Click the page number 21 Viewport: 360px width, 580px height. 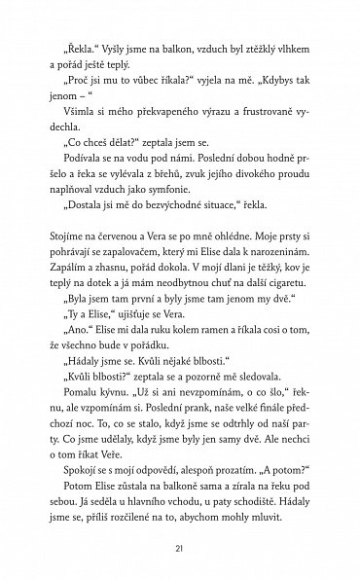pos(180,549)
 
